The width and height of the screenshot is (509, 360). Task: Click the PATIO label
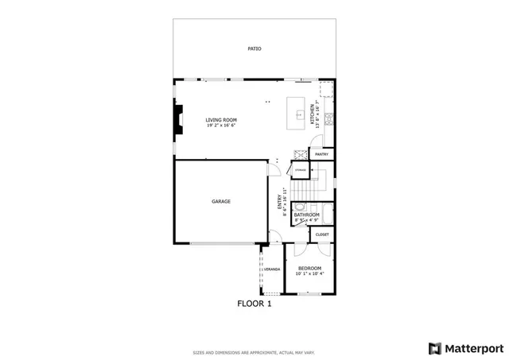pyautogui.click(x=254, y=49)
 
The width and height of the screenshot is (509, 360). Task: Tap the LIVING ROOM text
pyautogui.click(x=222, y=120)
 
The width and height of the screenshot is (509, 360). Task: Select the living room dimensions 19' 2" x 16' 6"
pyautogui.click(x=222, y=125)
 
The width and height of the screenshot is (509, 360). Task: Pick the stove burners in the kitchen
pyautogui.click(x=297, y=154)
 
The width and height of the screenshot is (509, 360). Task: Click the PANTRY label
pyautogui.click(x=322, y=154)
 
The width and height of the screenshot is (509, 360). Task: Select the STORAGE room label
pyautogui.click(x=300, y=170)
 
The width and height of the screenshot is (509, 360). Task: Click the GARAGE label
pyautogui.click(x=221, y=202)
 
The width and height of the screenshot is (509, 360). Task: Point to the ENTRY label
pyautogui.click(x=279, y=201)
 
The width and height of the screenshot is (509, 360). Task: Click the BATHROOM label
pyautogui.click(x=306, y=215)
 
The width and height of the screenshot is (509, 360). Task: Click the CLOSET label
pyautogui.click(x=322, y=234)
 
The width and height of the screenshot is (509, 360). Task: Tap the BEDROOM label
pyautogui.click(x=309, y=269)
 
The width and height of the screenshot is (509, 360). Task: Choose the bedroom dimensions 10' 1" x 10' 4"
pyautogui.click(x=309, y=274)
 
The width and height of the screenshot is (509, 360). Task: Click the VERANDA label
pyautogui.click(x=273, y=269)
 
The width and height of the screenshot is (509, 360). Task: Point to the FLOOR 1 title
pyautogui.click(x=254, y=303)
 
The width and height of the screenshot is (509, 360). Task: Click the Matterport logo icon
pyautogui.click(x=433, y=347)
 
